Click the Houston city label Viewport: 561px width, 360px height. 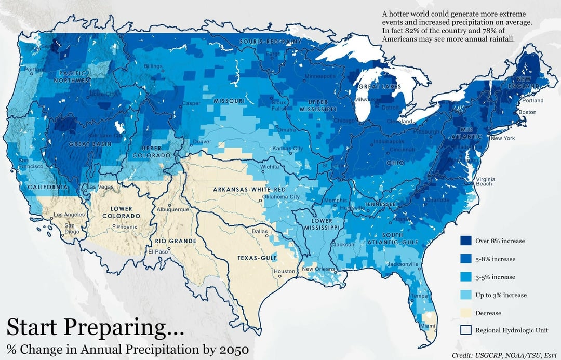point(284,271)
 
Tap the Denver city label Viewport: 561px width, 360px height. point(202,142)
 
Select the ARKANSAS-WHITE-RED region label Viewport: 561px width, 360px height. point(249,190)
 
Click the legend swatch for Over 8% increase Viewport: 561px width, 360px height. point(465,241)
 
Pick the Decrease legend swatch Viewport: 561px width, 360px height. point(465,313)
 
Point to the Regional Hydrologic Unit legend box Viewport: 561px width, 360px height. point(465,330)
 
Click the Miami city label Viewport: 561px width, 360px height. point(429,326)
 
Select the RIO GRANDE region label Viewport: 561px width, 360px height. point(176,242)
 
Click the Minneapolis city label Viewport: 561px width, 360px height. point(320,76)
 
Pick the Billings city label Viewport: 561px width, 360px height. point(153,66)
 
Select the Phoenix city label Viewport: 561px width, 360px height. point(126,227)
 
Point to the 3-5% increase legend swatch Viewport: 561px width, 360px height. point(465,277)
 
